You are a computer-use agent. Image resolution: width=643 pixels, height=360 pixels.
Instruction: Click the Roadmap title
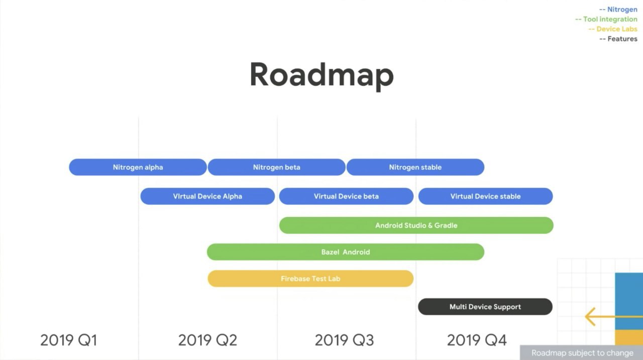[x=321, y=75]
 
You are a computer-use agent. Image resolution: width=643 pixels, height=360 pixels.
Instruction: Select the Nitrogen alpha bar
[x=138, y=167]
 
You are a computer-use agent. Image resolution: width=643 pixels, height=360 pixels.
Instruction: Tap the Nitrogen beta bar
[x=276, y=167]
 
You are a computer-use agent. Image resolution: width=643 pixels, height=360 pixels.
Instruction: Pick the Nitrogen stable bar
[x=415, y=167]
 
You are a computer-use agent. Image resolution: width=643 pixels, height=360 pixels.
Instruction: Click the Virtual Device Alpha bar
[x=207, y=196]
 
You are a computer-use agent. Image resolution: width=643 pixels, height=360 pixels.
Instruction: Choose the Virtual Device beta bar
[x=346, y=196]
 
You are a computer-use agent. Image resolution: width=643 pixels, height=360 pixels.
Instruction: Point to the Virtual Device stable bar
[x=485, y=196]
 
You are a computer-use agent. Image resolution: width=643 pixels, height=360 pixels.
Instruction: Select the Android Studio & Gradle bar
[x=416, y=225]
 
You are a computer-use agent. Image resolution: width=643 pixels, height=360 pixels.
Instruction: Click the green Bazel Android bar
[x=345, y=252]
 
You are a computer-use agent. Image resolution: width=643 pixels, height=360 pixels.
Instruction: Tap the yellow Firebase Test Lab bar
[x=310, y=279]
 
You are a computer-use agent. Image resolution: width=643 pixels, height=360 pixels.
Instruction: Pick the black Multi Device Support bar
[x=485, y=307]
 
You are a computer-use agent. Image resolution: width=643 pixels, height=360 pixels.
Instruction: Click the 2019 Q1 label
[x=68, y=340]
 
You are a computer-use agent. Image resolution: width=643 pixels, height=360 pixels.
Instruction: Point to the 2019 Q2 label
[x=207, y=340]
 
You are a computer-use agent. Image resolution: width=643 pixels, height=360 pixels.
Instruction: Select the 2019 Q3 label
[x=344, y=340]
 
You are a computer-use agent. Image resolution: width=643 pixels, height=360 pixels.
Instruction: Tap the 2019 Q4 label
[x=477, y=340]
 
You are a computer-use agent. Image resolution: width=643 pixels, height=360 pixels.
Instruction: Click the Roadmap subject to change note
[x=582, y=353]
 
